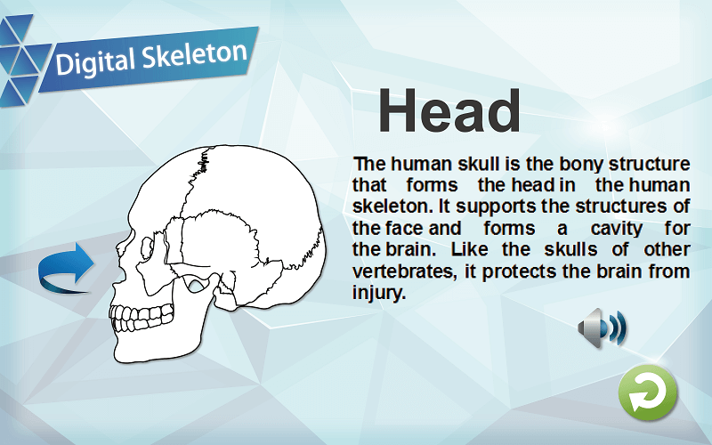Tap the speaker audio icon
tap(603, 328)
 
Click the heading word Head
tap(449, 110)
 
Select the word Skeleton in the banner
tap(194, 55)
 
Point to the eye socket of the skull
tap(147, 248)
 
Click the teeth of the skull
tap(141, 318)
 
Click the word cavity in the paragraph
tap(616, 228)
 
